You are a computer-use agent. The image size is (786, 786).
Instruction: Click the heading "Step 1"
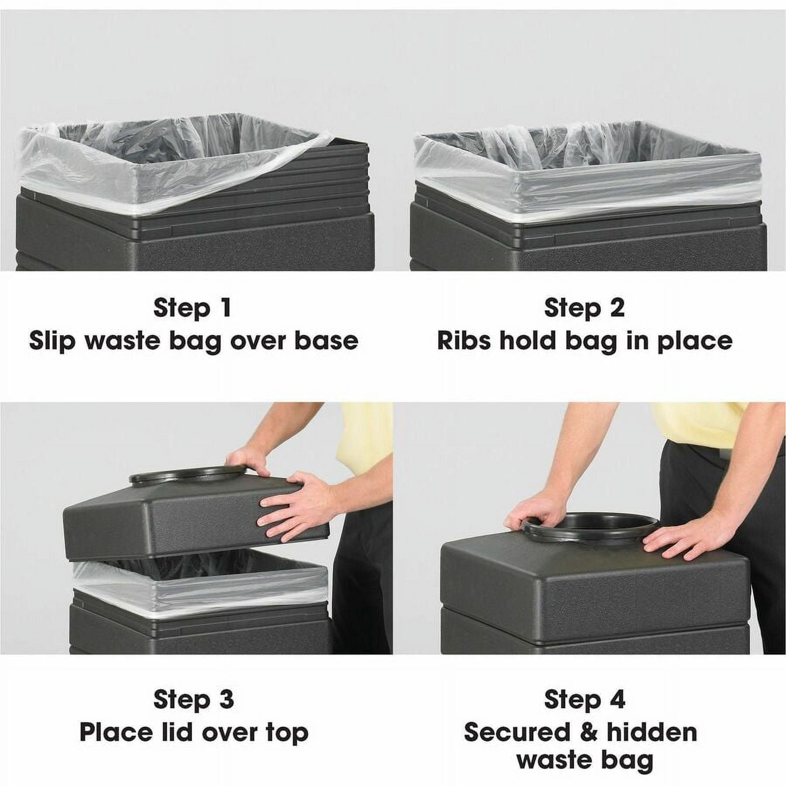pos(193,308)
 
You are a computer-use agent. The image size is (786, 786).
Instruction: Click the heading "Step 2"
pos(584,308)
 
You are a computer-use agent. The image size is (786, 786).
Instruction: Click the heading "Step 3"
pos(193,700)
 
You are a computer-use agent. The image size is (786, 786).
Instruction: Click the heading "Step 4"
pos(584,700)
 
